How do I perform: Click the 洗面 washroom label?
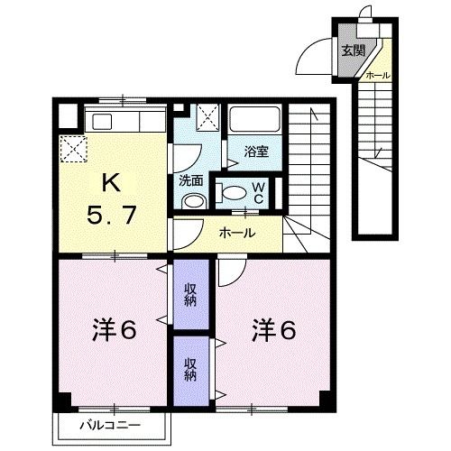click(190, 179)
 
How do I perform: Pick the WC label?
click(257, 192)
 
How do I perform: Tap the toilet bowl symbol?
click(232, 190)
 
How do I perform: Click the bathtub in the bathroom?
click(256, 120)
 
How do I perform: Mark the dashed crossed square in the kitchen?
click(71, 148)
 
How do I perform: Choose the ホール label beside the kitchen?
click(237, 233)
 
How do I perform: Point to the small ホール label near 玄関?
click(378, 76)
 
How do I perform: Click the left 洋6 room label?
click(113, 330)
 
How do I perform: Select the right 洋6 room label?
click(273, 330)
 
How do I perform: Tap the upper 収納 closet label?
click(191, 294)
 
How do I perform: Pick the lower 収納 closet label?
click(191, 368)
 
